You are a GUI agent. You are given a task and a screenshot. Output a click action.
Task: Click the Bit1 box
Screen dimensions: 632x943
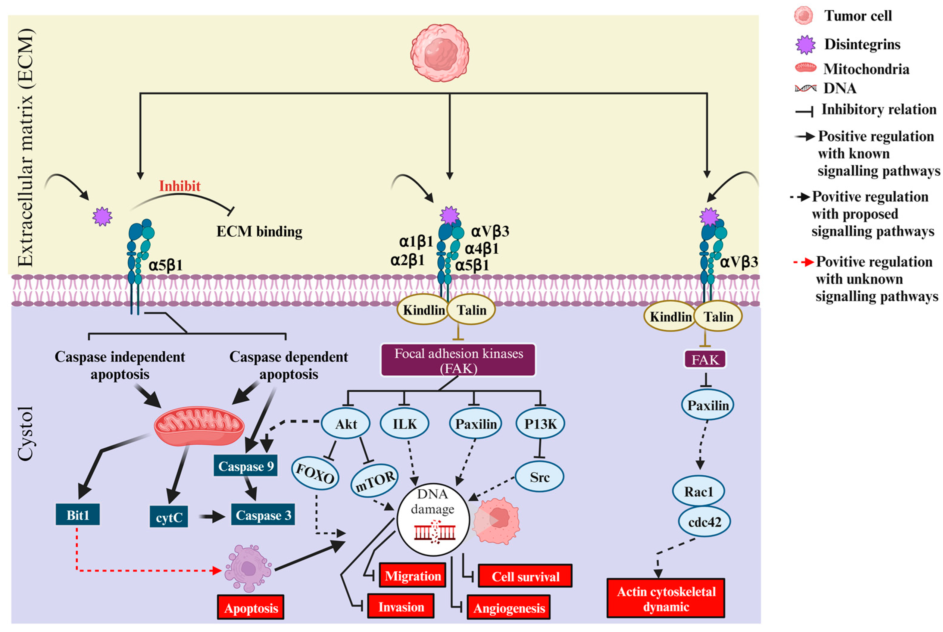77,515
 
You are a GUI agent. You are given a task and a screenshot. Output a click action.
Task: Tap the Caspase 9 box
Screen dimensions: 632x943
245,466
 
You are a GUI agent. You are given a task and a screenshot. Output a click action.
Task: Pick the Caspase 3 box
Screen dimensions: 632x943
263,515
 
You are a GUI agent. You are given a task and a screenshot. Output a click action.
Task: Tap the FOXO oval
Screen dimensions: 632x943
315,473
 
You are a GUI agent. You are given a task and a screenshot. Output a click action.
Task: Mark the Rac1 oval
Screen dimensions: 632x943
698,492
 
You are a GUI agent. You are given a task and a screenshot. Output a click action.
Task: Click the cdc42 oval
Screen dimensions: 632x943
704,522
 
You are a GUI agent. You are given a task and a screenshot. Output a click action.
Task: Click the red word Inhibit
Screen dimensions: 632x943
180,186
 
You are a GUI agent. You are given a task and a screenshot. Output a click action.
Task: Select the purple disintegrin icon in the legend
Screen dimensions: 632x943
805,44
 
